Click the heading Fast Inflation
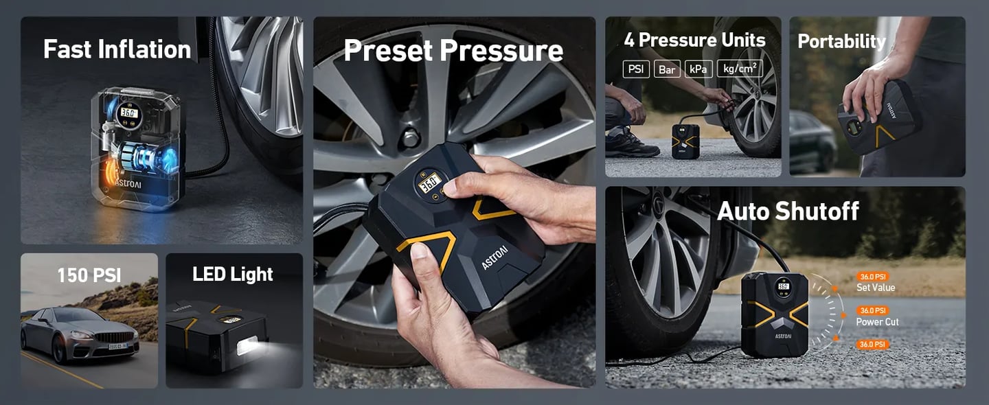(117, 49)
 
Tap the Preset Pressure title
(453, 50)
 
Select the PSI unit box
(636, 69)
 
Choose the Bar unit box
(667, 69)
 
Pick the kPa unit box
(698, 69)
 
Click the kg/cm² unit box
(740, 69)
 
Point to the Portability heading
(841, 41)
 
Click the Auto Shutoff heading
(788, 211)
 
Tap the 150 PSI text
(89, 275)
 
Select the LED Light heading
(233, 274)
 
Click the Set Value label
(876, 288)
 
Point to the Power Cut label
(877, 322)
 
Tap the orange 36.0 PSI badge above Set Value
(873, 277)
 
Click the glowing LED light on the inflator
(248, 345)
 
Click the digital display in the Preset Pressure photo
(430, 182)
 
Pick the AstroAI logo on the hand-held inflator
(494, 257)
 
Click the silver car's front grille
(114, 337)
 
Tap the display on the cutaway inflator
(129, 113)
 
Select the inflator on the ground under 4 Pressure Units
(685, 141)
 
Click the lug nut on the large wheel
(411, 139)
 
